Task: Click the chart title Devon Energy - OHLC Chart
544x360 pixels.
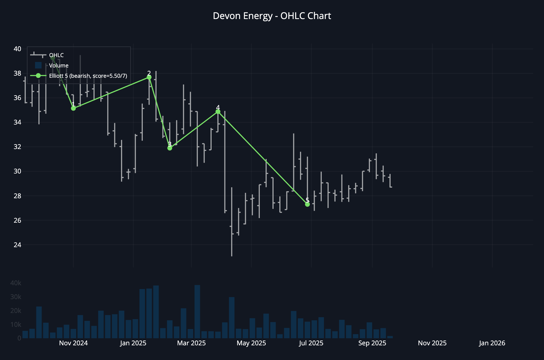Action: (x=272, y=16)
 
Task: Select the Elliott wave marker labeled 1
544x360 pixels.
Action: (x=73, y=108)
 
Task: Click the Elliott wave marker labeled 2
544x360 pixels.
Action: (x=149, y=77)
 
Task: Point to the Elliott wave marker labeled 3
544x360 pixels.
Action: (x=170, y=148)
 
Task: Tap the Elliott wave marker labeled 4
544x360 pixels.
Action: (x=218, y=111)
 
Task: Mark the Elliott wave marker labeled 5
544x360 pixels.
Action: (x=307, y=204)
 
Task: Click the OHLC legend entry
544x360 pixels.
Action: (x=56, y=55)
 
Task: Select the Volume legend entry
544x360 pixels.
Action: (x=58, y=66)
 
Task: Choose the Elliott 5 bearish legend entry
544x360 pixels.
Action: (x=88, y=76)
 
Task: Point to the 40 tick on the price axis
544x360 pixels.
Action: (x=17, y=49)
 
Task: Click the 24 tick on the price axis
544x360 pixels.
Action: (x=17, y=245)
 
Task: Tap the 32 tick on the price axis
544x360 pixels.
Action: (x=17, y=147)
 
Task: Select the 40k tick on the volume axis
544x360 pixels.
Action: (x=16, y=283)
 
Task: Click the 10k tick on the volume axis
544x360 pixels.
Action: (x=16, y=324)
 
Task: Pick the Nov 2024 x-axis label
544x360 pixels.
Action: (x=73, y=343)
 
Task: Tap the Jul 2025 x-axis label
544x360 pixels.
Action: (x=311, y=343)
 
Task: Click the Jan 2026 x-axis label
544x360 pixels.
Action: (x=492, y=343)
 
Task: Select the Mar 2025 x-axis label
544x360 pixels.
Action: (x=191, y=343)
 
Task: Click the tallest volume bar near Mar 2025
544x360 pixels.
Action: (x=197, y=312)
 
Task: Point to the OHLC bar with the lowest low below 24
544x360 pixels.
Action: (x=232, y=222)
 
